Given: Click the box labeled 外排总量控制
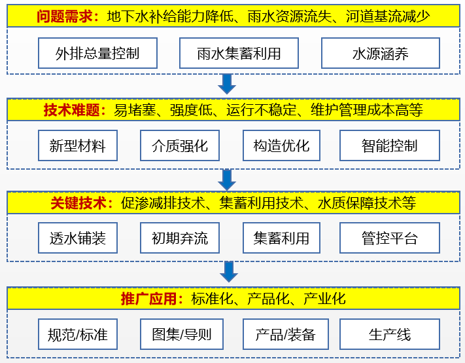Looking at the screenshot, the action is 97,53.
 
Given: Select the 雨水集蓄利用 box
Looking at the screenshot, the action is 239,53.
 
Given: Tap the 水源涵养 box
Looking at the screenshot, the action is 381,53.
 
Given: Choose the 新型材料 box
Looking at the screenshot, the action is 78,145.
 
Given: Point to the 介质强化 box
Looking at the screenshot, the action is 180,145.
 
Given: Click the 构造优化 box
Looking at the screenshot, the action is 281,145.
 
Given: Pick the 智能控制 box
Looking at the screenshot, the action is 390,145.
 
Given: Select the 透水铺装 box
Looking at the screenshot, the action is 78,238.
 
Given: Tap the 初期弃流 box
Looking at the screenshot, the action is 180,238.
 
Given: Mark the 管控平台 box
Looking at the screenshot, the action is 390,238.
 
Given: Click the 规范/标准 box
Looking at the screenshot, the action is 78,334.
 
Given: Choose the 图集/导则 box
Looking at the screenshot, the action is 182,334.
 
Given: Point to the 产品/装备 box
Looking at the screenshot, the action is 286,334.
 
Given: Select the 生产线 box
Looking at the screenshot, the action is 390,334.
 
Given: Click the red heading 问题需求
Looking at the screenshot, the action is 65,16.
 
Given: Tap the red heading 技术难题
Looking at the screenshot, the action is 72,110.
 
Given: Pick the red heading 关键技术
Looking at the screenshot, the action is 78,203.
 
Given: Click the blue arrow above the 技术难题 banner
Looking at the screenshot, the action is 227,84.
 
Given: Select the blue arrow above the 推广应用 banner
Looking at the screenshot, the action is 229,272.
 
